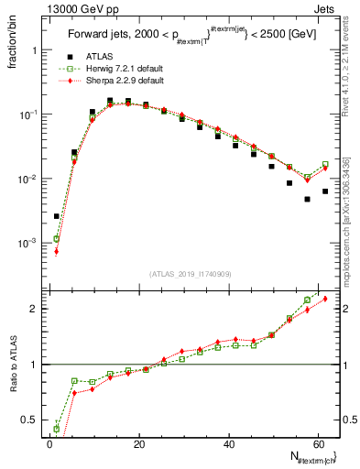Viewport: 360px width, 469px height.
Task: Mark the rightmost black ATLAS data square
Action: point(325,191)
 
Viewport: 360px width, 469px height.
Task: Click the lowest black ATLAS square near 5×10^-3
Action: point(308,199)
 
